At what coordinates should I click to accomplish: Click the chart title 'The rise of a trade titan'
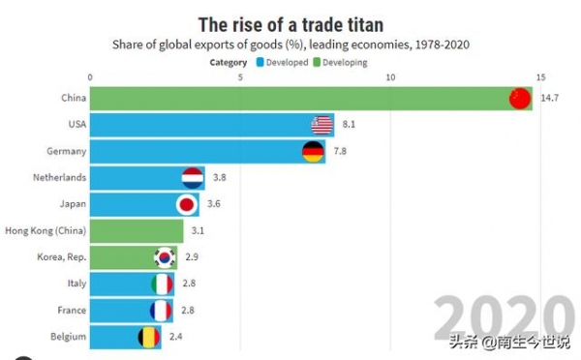point(290,21)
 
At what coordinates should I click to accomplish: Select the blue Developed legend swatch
point(260,62)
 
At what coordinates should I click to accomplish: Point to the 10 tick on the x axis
point(389,77)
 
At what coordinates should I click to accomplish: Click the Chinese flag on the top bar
point(520,99)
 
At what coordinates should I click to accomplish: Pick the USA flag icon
point(322,125)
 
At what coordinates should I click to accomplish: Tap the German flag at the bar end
point(313,152)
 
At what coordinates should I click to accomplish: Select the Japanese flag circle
point(187,204)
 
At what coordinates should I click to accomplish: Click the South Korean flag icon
point(166,257)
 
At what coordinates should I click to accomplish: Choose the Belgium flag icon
point(148,337)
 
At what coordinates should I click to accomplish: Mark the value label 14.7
point(550,99)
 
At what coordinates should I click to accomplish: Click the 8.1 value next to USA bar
point(351,125)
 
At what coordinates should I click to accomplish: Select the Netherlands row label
point(59,178)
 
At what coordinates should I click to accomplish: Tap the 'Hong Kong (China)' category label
point(46,231)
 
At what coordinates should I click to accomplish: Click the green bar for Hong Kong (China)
point(137,231)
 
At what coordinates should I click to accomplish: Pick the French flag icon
point(162,311)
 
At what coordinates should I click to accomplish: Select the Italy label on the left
point(75,284)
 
